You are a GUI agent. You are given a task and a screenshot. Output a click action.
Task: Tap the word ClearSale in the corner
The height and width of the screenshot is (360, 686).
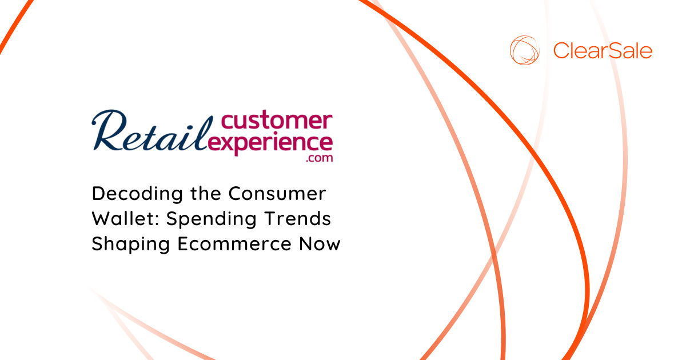603,51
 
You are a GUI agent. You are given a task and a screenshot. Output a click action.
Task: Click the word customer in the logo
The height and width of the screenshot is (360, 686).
275,121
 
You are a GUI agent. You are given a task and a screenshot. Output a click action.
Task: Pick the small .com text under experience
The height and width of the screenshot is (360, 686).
319,158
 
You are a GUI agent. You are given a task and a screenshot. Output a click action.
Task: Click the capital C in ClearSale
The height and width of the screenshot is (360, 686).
561,51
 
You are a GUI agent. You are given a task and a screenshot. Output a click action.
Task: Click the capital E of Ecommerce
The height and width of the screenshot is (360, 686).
182,244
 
